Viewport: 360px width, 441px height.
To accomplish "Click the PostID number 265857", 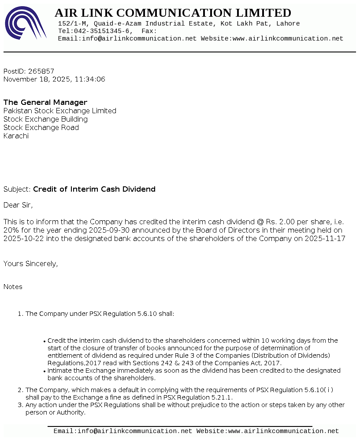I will click(x=41, y=71).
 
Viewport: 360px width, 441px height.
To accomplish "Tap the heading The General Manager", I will click(x=45, y=103).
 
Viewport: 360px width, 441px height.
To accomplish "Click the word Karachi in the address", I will click(x=16, y=136).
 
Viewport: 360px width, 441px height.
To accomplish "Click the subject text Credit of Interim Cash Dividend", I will click(x=94, y=189).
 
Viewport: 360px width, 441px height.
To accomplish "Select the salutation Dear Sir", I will click(x=18, y=205).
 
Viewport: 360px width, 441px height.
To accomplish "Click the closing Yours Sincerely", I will click(x=30, y=264).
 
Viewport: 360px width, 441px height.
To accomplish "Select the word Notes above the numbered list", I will click(x=13, y=287).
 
